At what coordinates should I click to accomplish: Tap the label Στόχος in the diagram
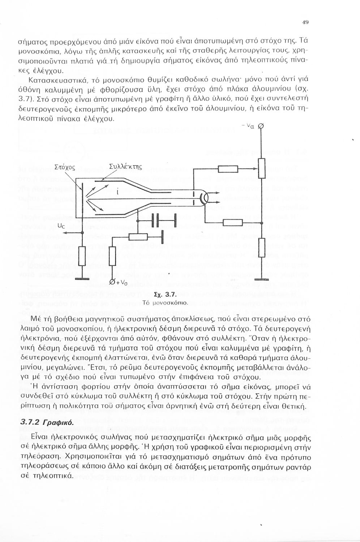click(x=64, y=167)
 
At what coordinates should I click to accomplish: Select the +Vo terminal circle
click(x=112, y=282)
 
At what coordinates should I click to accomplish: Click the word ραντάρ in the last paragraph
click(x=299, y=467)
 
